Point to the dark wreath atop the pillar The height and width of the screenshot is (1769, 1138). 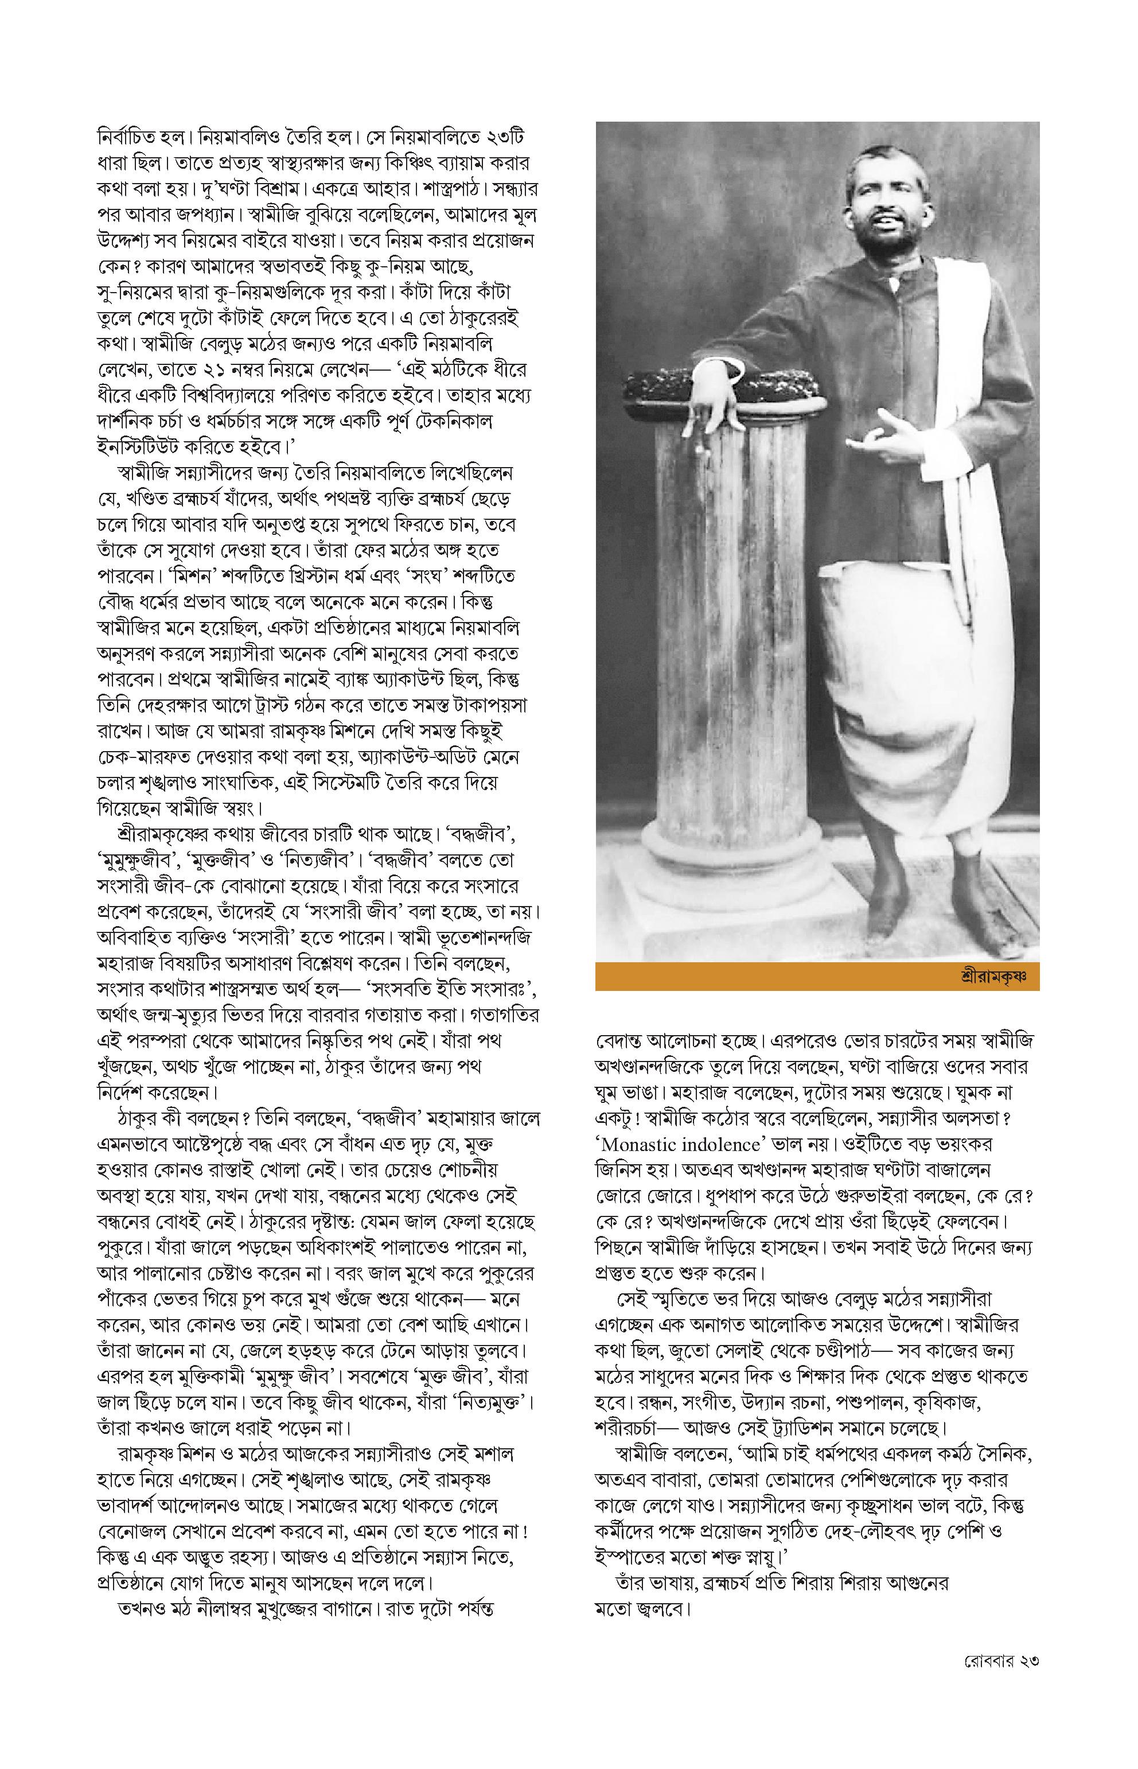(x=720, y=382)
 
